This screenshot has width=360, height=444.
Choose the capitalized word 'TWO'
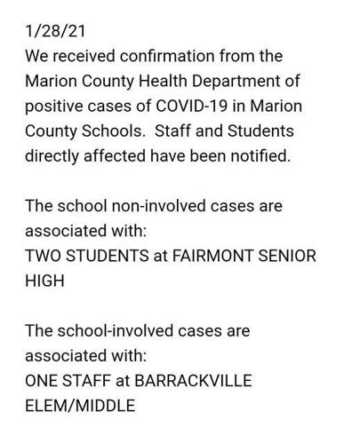44,258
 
